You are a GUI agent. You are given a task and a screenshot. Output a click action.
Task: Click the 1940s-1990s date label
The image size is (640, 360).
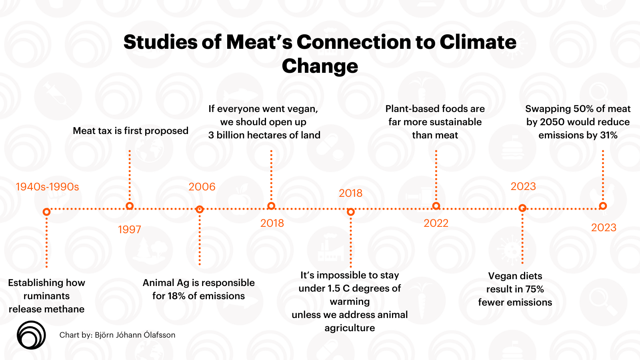47,187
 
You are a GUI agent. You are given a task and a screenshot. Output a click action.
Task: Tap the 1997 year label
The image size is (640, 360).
129,230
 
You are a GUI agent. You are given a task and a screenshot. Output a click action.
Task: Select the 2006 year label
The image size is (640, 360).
202,187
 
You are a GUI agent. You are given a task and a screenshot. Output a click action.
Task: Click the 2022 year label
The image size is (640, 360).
436,223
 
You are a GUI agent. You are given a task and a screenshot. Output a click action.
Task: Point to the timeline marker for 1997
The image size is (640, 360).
129,206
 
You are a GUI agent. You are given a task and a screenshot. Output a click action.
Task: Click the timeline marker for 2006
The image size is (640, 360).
200,209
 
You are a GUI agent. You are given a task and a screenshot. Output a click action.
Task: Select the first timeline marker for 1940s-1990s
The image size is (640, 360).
46,212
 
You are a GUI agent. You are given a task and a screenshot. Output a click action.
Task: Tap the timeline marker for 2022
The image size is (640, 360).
436,206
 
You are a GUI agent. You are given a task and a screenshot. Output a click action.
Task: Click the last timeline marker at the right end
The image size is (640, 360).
603,206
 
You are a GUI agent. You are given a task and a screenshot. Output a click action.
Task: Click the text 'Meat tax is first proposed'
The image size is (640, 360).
130,131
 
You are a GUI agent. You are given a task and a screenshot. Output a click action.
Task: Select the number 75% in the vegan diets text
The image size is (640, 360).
534,289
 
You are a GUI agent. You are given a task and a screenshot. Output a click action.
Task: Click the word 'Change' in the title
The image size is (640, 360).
320,66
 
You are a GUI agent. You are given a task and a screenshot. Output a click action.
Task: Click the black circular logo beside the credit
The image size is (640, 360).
31,335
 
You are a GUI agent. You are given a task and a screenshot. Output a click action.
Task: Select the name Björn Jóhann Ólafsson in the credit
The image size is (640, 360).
135,335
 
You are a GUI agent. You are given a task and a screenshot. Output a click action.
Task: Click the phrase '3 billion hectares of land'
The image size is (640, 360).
264,135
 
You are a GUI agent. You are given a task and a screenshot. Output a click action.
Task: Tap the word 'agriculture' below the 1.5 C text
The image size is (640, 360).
350,328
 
